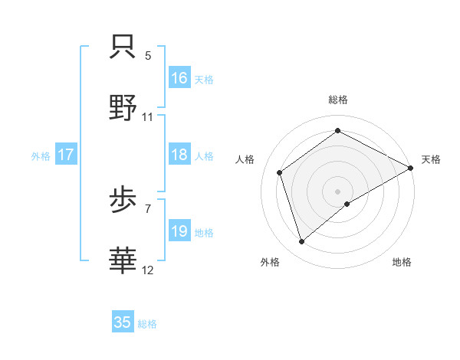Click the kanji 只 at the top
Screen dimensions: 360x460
123,47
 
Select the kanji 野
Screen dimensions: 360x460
123,108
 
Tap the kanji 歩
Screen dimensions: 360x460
123,201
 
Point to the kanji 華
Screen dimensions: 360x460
123,261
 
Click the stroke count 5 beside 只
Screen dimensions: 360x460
148,56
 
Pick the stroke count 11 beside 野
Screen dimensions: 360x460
148,117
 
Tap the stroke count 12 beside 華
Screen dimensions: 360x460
148,270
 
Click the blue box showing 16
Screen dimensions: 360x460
179,77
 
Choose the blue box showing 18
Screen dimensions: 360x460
179,155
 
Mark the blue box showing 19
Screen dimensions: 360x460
179,231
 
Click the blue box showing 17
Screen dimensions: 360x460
66,155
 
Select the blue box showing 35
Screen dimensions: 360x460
123,322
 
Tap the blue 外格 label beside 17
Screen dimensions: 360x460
41,155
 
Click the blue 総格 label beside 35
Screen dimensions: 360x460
147,324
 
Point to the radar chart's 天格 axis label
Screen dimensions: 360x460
431,159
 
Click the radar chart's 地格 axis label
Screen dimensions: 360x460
402,262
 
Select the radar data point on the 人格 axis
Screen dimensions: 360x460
280,172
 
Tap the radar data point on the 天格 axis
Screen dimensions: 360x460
410,168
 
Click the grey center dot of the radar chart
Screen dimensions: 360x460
337,191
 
